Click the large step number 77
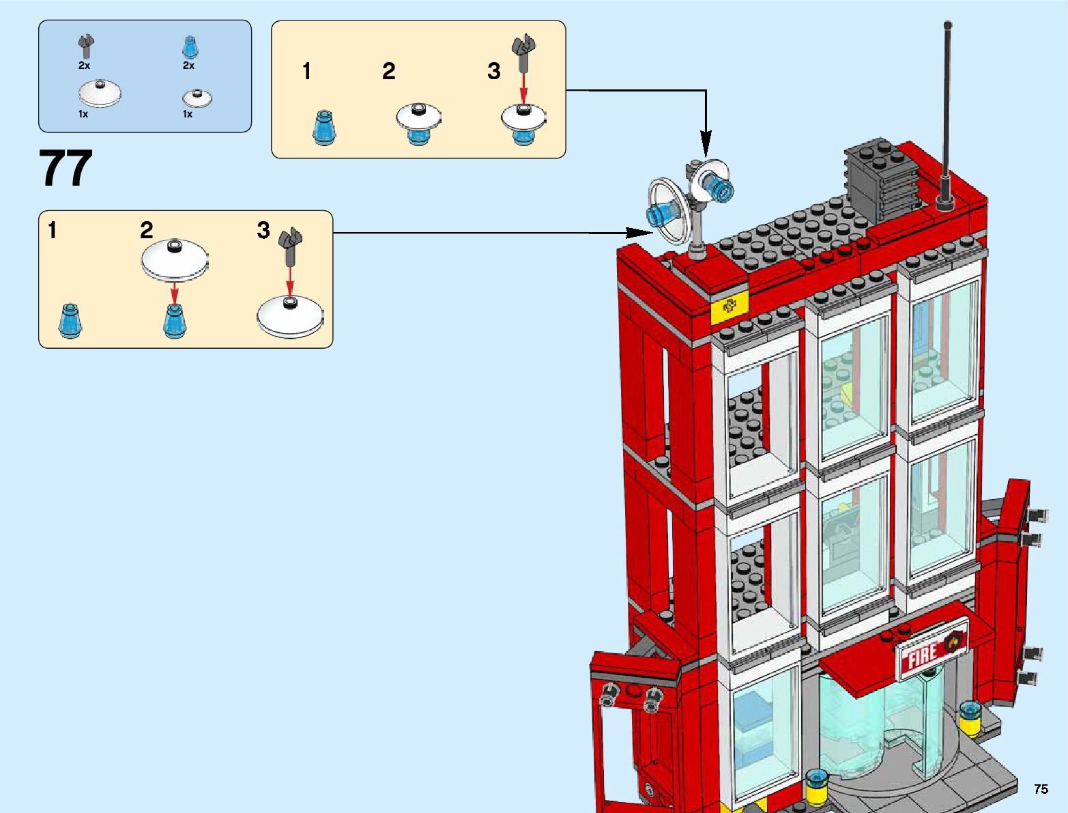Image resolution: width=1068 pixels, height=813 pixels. [66, 169]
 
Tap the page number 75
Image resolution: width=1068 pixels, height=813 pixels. [1040, 789]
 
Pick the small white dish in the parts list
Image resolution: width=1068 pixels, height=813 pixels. [197, 98]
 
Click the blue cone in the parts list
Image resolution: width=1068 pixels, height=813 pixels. [189, 47]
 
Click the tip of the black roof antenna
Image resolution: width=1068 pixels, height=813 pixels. [948, 25]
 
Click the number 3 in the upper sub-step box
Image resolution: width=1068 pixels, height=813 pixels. [494, 71]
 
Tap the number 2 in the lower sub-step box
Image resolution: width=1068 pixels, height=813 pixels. [147, 230]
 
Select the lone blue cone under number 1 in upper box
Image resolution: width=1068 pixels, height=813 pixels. [323, 128]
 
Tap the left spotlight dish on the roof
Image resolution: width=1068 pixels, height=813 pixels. [667, 211]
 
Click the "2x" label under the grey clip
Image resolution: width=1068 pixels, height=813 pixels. [84, 66]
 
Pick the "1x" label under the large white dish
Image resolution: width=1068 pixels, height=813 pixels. [83, 114]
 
